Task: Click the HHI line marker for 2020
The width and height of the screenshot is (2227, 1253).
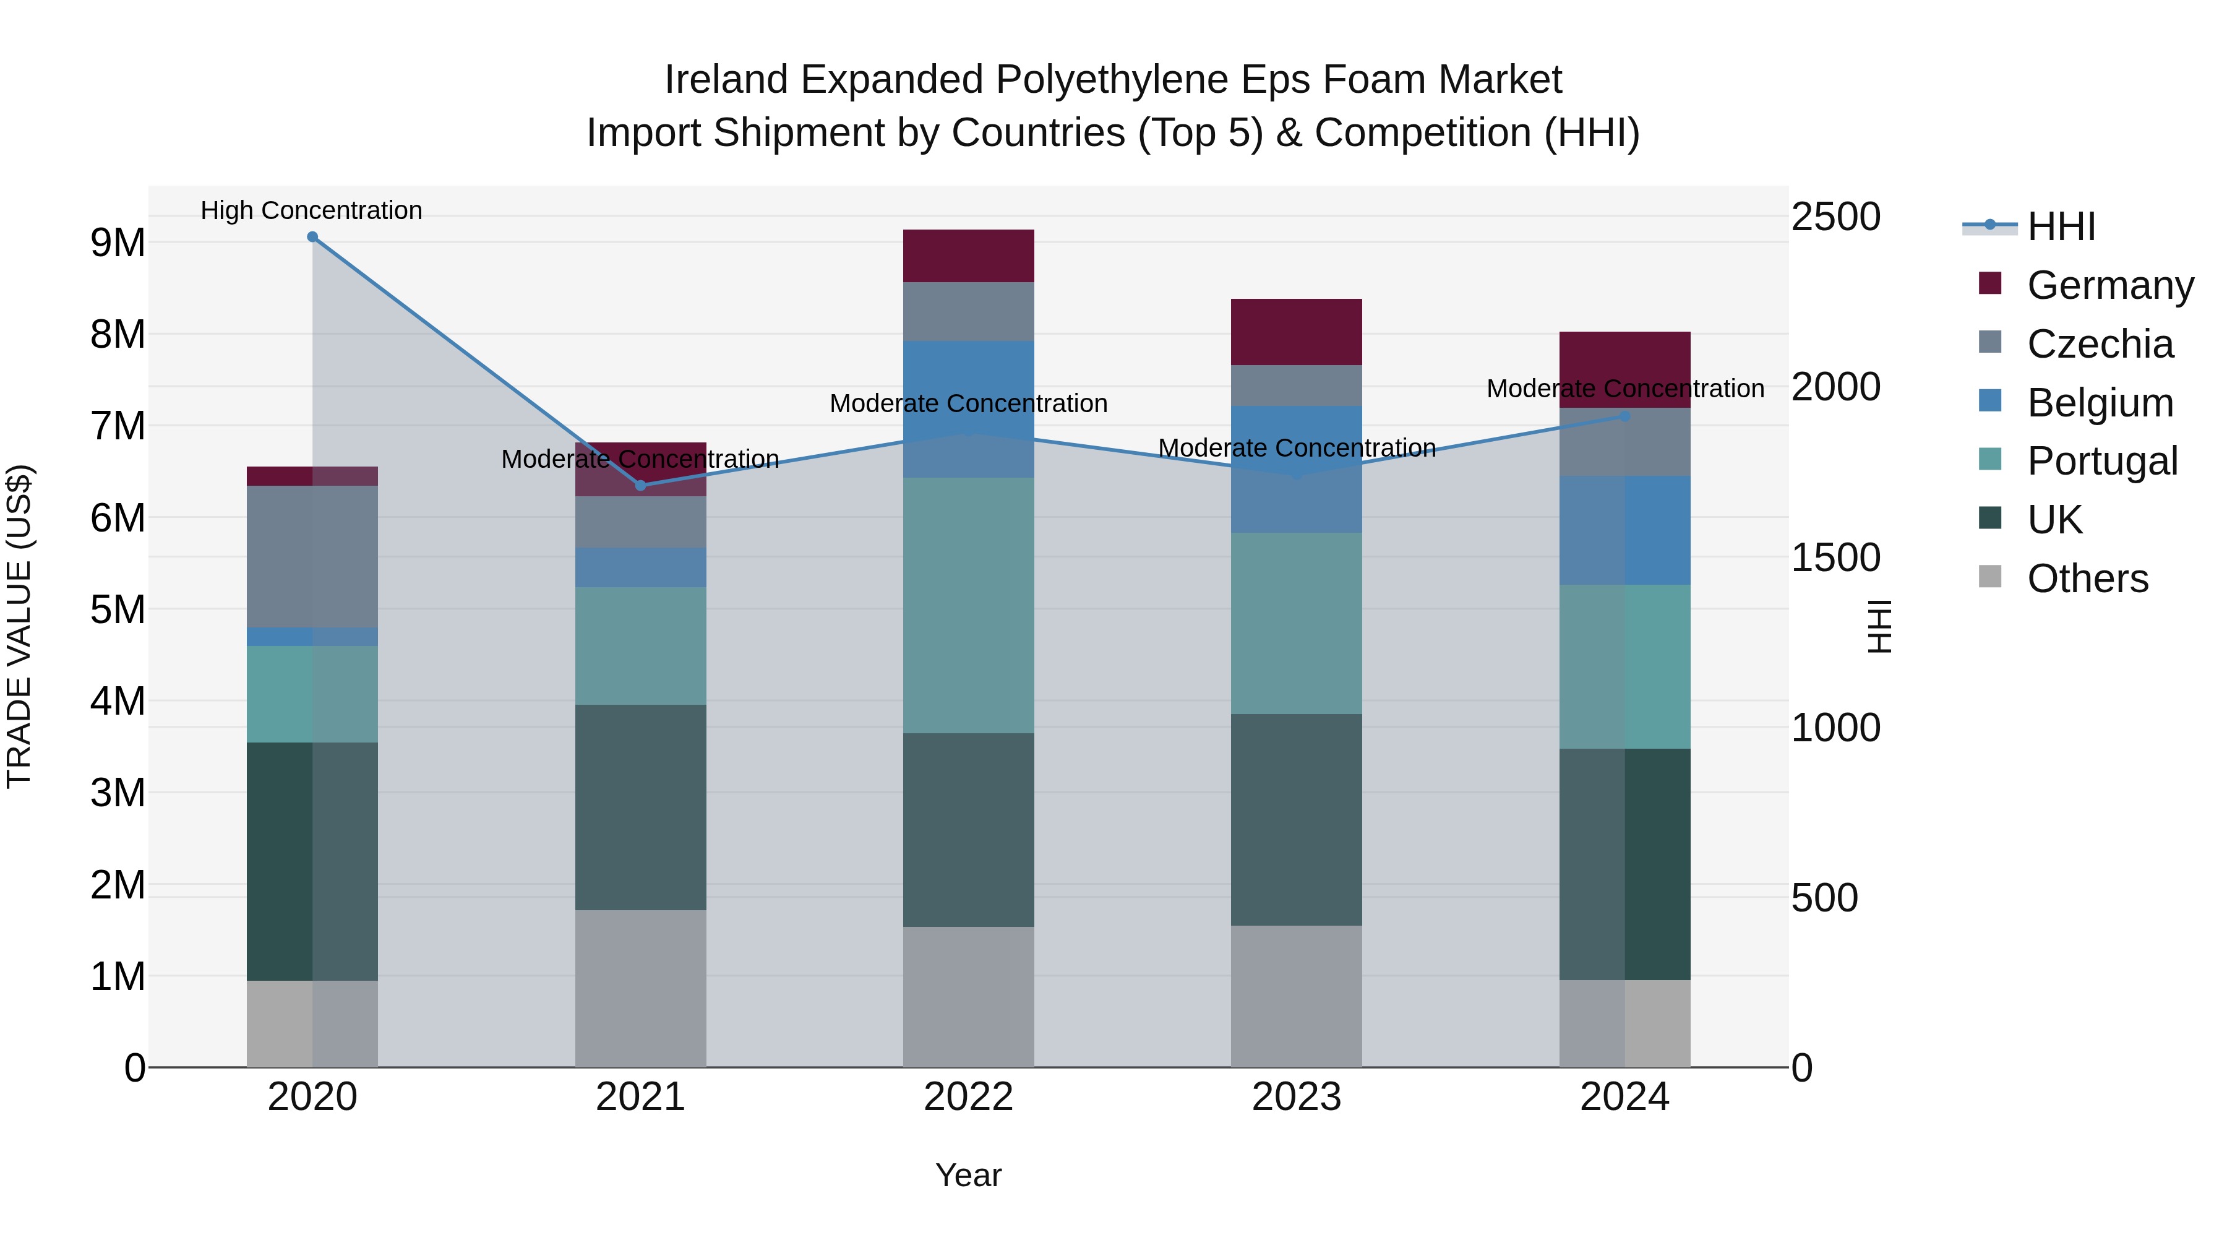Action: (312, 237)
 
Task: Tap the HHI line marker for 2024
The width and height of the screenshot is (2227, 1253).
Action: (1624, 416)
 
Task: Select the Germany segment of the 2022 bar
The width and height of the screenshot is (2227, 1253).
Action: (968, 256)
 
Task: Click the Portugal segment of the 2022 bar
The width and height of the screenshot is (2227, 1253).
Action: (968, 605)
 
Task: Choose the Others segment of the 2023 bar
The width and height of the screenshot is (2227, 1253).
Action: (1296, 996)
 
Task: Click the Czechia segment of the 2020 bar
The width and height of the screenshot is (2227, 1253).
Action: (312, 556)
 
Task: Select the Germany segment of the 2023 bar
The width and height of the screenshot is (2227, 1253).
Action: (1296, 332)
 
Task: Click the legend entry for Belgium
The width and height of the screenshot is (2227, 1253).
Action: (2099, 403)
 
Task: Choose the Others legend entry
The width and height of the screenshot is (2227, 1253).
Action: (2087, 579)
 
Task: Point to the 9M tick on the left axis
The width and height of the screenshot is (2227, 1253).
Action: (118, 243)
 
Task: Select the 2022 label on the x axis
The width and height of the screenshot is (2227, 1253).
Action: (968, 1097)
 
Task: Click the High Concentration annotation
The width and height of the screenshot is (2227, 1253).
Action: (311, 210)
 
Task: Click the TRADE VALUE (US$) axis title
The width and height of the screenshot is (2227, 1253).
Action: (19, 626)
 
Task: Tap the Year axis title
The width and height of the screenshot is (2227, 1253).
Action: (968, 1175)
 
